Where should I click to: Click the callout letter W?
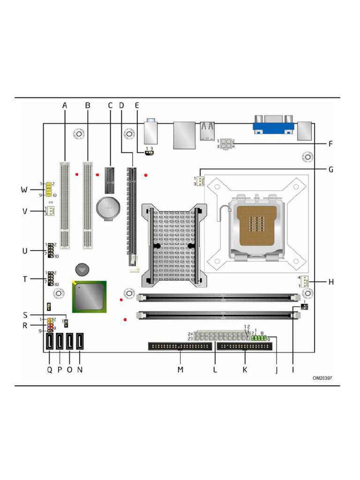pos(24,190)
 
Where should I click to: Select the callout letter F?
pos(330,144)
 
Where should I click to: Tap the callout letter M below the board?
pos(180,370)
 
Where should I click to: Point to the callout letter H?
pos(331,282)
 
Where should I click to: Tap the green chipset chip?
pos(89,296)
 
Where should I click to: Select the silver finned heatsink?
pos(173,247)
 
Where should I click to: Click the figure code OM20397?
pos(323,377)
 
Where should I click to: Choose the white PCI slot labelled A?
pos(65,205)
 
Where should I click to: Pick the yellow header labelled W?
pos(49,189)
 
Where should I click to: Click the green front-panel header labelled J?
pos(259,337)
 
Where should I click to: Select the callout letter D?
pos(121,105)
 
